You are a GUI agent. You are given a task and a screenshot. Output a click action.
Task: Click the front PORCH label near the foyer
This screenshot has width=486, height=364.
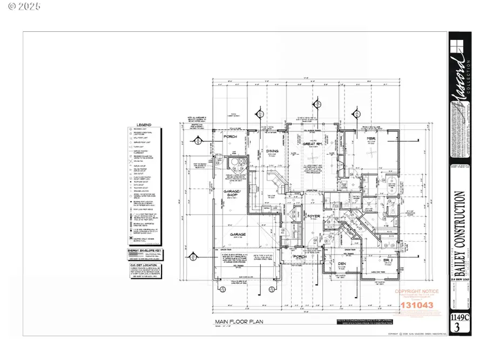(300, 257)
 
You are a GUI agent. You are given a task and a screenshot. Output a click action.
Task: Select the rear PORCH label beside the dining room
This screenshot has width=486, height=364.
(231, 137)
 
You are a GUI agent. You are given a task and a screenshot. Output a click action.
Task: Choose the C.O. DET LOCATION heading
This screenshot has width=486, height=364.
(145, 266)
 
